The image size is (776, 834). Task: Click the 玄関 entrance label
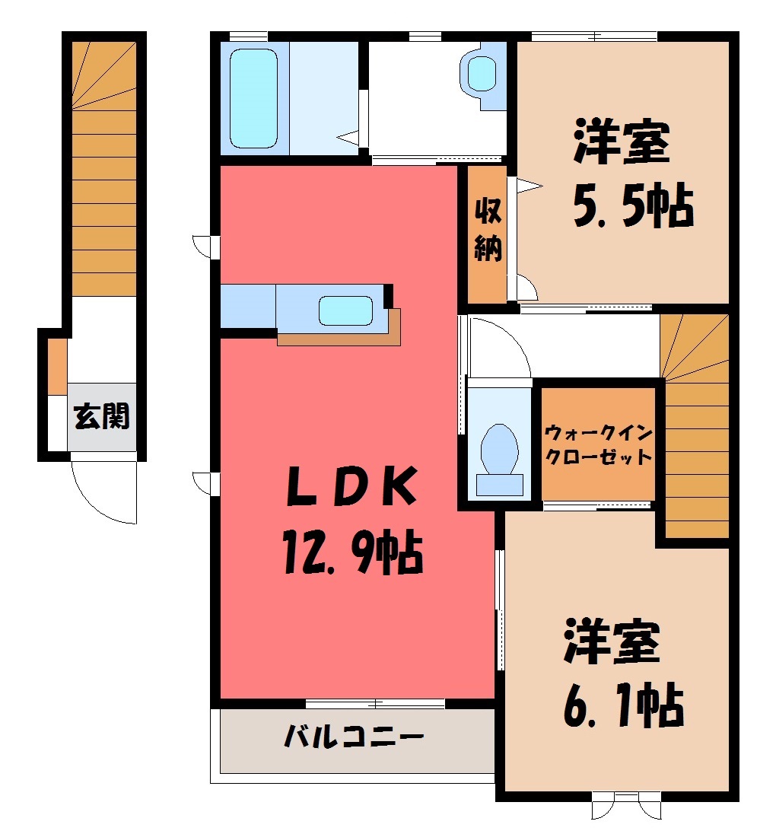102,416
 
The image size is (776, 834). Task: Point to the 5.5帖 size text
634,205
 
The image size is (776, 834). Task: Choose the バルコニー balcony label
355,737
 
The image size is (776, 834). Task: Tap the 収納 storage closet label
488,229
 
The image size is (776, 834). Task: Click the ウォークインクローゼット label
599,444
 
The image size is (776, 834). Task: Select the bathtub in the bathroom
253,98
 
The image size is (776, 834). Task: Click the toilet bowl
499,449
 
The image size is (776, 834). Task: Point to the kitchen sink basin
345,310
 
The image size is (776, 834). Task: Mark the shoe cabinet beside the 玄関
58,367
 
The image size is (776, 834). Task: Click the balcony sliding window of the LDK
375,703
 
